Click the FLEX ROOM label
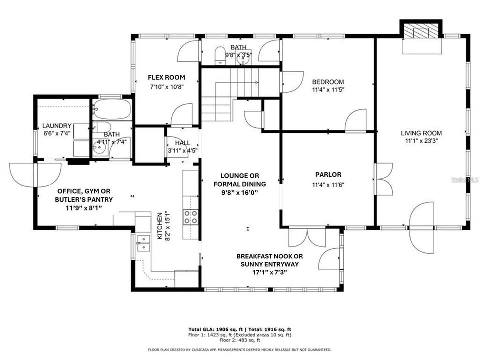click(166, 77)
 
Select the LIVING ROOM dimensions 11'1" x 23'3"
click(421, 141)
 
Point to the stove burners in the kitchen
click(190, 216)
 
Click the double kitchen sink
click(143, 243)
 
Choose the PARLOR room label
click(328, 175)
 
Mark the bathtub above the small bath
click(113, 109)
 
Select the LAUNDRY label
click(57, 126)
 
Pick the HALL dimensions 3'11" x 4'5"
click(182, 150)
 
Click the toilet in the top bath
click(219, 55)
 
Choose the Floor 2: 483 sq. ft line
click(239, 340)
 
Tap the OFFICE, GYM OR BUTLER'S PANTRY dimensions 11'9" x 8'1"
click(77, 207)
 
